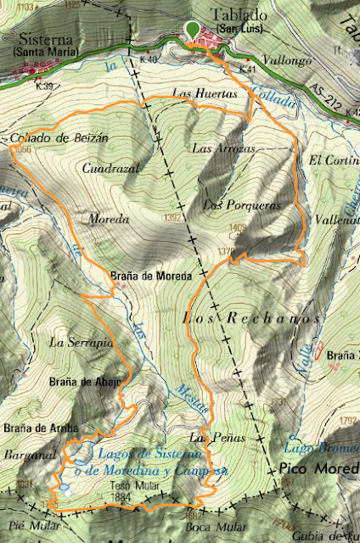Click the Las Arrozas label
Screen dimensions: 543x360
224,148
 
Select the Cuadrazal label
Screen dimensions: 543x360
110,169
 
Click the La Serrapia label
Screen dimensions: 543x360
82,343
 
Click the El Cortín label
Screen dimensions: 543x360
329,160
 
